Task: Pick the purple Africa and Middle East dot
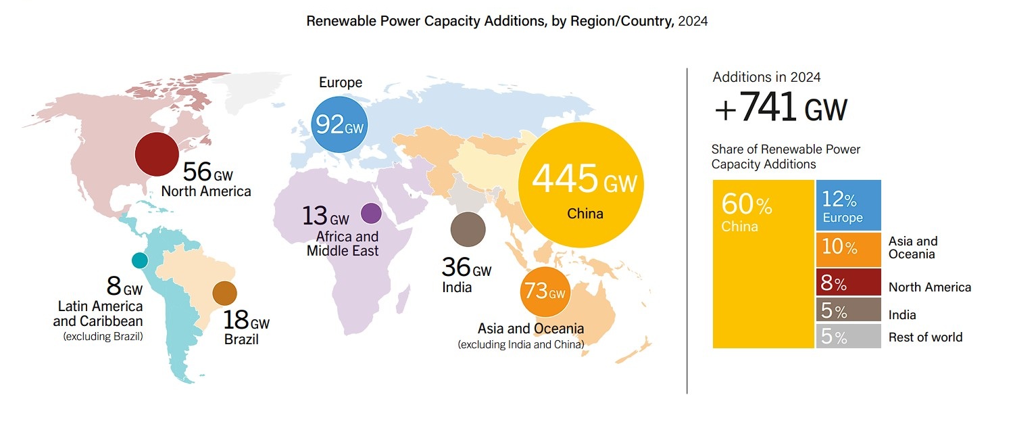(x=371, y=214)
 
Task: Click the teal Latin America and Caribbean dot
(x=139, y=260)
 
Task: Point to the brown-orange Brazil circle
(x=224, y=293)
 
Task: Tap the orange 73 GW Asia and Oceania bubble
(x=545, y=293)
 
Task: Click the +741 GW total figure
(x=780, y=108)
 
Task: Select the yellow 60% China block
(x=763, y=264)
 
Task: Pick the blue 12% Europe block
(x=848, y=205)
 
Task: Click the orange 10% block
(x=848, y=249)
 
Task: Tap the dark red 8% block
(x=848, y=282)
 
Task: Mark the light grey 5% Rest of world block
(x=848, y=336)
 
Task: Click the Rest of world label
(x=925, y=337)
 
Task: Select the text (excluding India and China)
(x=520, y=345)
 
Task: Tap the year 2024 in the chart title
(x=693, y=21)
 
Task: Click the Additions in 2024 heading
(x=766, y=77)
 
